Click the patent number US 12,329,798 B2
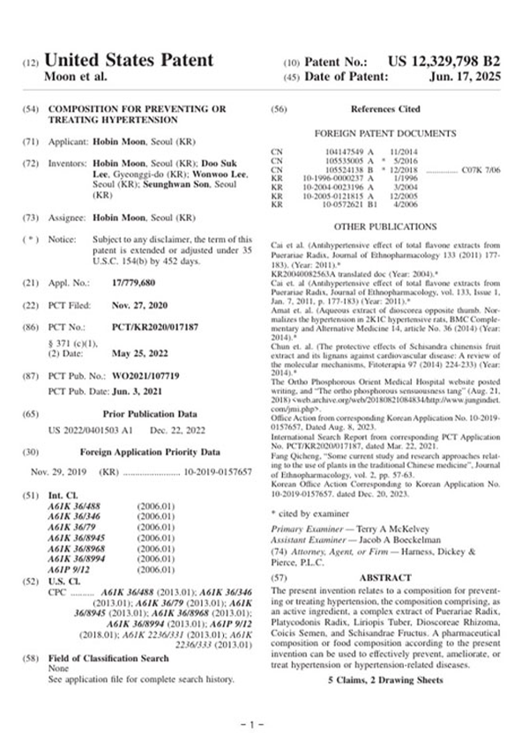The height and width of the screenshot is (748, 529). [x=443, y=61]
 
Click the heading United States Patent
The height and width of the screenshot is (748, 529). [x=129, y=61]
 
